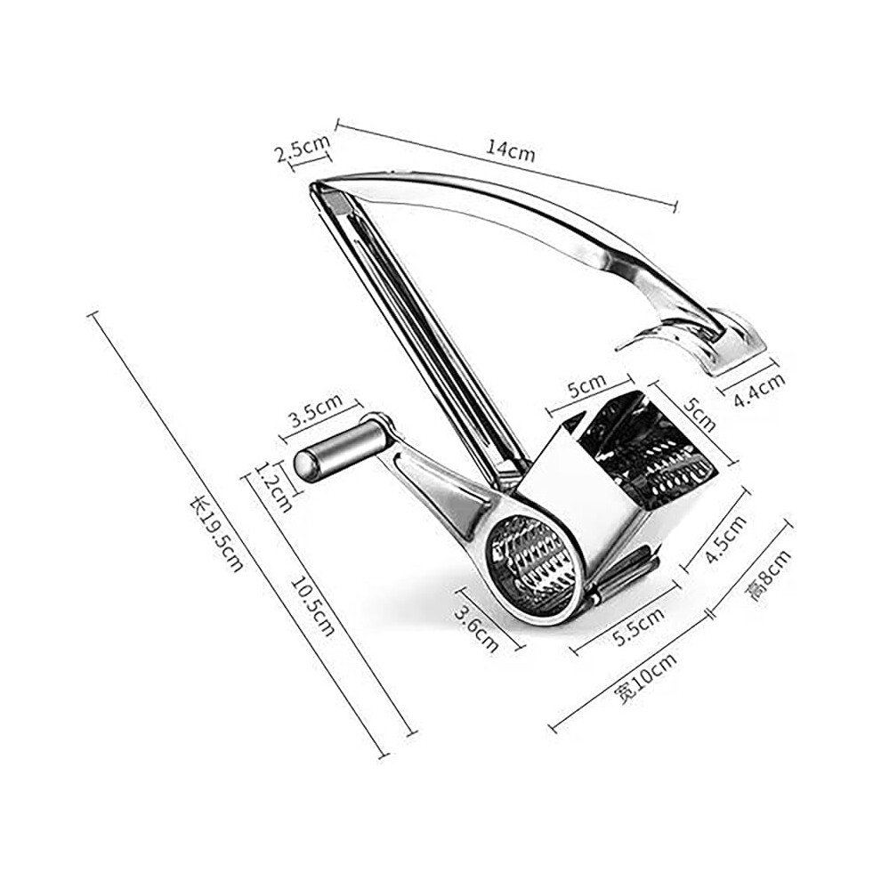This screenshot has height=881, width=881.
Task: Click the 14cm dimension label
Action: click(x=510, y=150)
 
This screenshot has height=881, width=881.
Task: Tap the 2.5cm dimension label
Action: click(x=303, y=147)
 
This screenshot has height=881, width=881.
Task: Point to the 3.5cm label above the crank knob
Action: click(x=316, y=410)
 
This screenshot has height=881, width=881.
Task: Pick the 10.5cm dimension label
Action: click(x=312, y=607)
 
